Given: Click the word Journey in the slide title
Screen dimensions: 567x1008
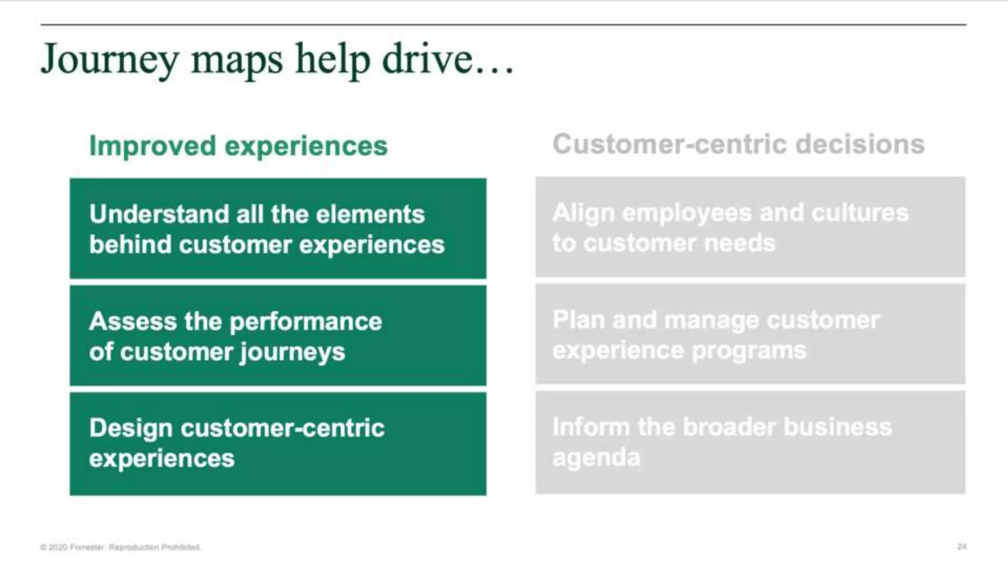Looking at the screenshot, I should click(109, 61).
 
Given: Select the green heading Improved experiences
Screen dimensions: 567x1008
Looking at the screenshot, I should click(238, 146).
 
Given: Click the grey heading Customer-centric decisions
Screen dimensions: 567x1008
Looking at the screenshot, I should click(738, 144).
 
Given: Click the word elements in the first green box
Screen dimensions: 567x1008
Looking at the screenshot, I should click(370, 214).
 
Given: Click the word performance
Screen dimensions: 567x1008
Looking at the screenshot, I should click(306, 322).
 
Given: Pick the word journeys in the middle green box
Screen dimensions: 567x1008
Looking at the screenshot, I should click(292, 353).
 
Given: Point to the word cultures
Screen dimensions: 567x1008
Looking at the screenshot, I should click(859, 213).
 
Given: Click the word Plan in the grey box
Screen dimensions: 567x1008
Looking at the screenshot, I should click(578, 319).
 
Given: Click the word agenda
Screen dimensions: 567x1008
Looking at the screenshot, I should click(596, 458).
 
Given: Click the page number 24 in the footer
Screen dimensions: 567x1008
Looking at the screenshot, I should click(962, 547).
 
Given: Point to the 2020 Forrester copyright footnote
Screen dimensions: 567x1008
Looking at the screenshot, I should click(121, 547).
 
